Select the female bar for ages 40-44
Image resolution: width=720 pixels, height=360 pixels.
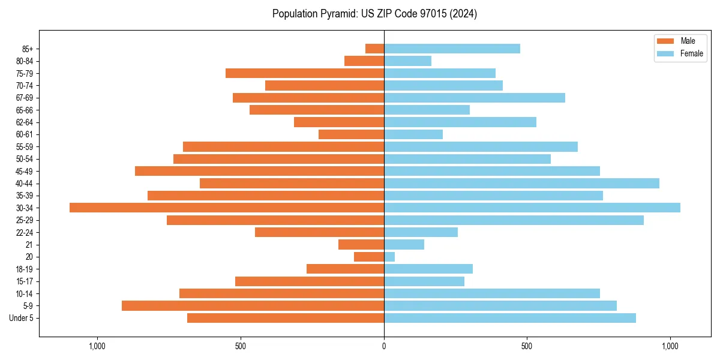point(521,183)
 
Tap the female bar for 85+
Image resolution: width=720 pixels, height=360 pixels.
point(452,49)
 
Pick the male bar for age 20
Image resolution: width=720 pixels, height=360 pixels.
point(369,257)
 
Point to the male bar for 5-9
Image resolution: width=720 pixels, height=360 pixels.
point(253,305)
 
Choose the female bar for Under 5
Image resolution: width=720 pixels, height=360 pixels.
point(509,318)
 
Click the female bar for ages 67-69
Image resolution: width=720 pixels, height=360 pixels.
point(474,98)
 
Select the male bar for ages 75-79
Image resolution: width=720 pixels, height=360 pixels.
point(305,73)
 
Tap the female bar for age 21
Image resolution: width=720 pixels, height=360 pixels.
point(404,244)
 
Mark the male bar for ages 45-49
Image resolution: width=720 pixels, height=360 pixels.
point(259,171)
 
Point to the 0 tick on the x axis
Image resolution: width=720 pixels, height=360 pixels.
point(384,346)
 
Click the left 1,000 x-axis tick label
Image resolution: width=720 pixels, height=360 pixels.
point(97,346)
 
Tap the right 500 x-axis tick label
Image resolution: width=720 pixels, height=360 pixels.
point(527,346)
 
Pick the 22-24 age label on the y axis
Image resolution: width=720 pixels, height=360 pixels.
point(25,232)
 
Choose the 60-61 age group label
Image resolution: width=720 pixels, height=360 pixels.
point(25,134)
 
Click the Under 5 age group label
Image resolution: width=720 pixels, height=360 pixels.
point(22,318)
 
